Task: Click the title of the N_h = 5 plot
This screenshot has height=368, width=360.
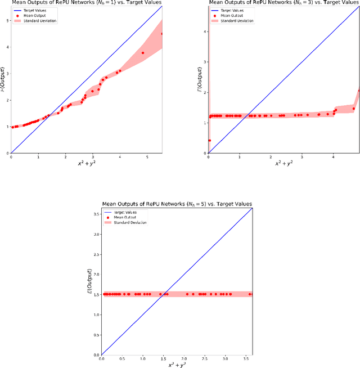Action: tap(177, 203)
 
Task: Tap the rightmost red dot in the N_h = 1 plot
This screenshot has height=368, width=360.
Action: tap(162, 34)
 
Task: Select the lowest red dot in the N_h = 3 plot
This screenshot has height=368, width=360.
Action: tap(210, 141)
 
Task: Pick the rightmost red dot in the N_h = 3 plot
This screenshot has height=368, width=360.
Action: tap(359, 90)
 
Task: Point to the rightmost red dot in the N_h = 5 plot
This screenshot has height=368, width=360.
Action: tap(251, 294)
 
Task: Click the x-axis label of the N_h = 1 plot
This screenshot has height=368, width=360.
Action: tap(86, 164)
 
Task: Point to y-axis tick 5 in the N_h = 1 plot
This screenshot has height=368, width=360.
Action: tap(7, 21)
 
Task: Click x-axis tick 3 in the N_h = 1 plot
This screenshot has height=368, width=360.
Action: tap(92, 158)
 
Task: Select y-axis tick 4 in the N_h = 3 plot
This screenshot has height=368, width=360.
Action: tap(205, 32)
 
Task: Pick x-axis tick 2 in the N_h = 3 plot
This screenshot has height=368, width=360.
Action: tap(271, 158)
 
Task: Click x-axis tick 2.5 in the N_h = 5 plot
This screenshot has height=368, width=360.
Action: tap(204, 359)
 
